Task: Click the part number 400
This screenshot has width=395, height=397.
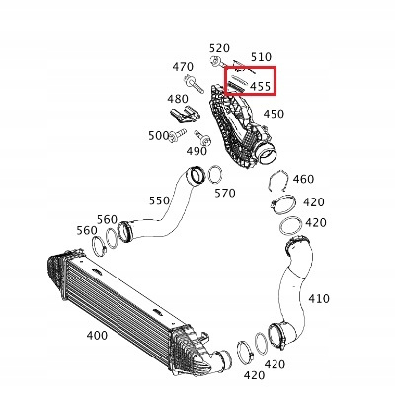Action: click(97, 336)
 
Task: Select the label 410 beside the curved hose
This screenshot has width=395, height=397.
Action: click(319, 299)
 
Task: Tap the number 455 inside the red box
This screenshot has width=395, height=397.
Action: click(260, 86)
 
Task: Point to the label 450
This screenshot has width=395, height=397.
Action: click(274, 114)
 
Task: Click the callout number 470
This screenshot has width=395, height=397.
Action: click(183, 67)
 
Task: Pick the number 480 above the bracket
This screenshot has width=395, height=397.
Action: click(178, 99)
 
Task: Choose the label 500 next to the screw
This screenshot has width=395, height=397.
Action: click(158, 135)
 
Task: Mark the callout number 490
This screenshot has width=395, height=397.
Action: click(197, 151)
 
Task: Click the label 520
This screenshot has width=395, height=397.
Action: click(219, 48)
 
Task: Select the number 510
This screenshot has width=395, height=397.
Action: click(261, 57)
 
